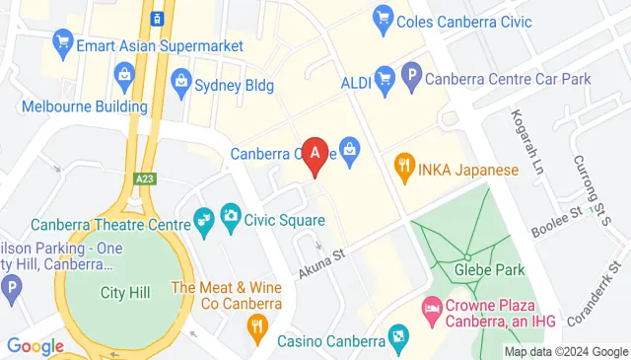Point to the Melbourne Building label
pos(71,106)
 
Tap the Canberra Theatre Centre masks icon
pos(204,219)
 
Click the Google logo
pos(35,346)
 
